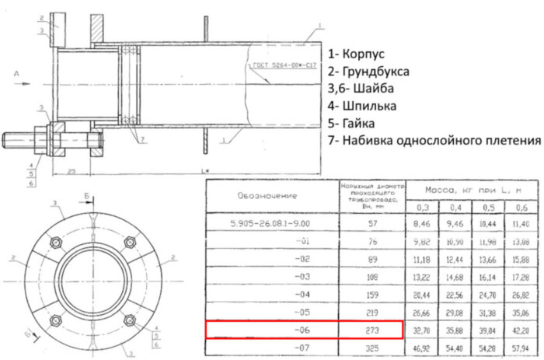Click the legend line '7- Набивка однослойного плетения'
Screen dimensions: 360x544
tap(434, 141)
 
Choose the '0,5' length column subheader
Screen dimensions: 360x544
tap(489, 207)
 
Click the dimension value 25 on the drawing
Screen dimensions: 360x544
tap(71, 170)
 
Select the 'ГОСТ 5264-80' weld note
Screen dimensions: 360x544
tap(281, 68)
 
